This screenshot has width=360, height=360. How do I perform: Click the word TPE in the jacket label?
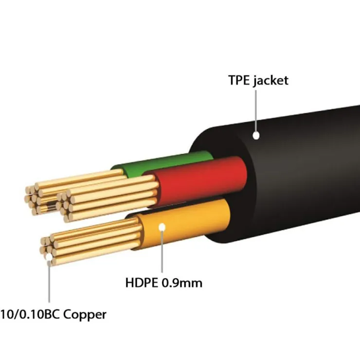pos(240,80)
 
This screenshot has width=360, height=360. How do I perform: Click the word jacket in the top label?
pos(270,81)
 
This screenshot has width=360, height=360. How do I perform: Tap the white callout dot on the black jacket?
pos(256,136)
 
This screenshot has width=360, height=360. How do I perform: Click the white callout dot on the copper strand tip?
pos(49,263)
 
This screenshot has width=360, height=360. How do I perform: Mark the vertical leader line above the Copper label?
pos(49,285)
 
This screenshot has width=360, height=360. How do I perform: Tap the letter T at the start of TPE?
pos(232,80)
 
